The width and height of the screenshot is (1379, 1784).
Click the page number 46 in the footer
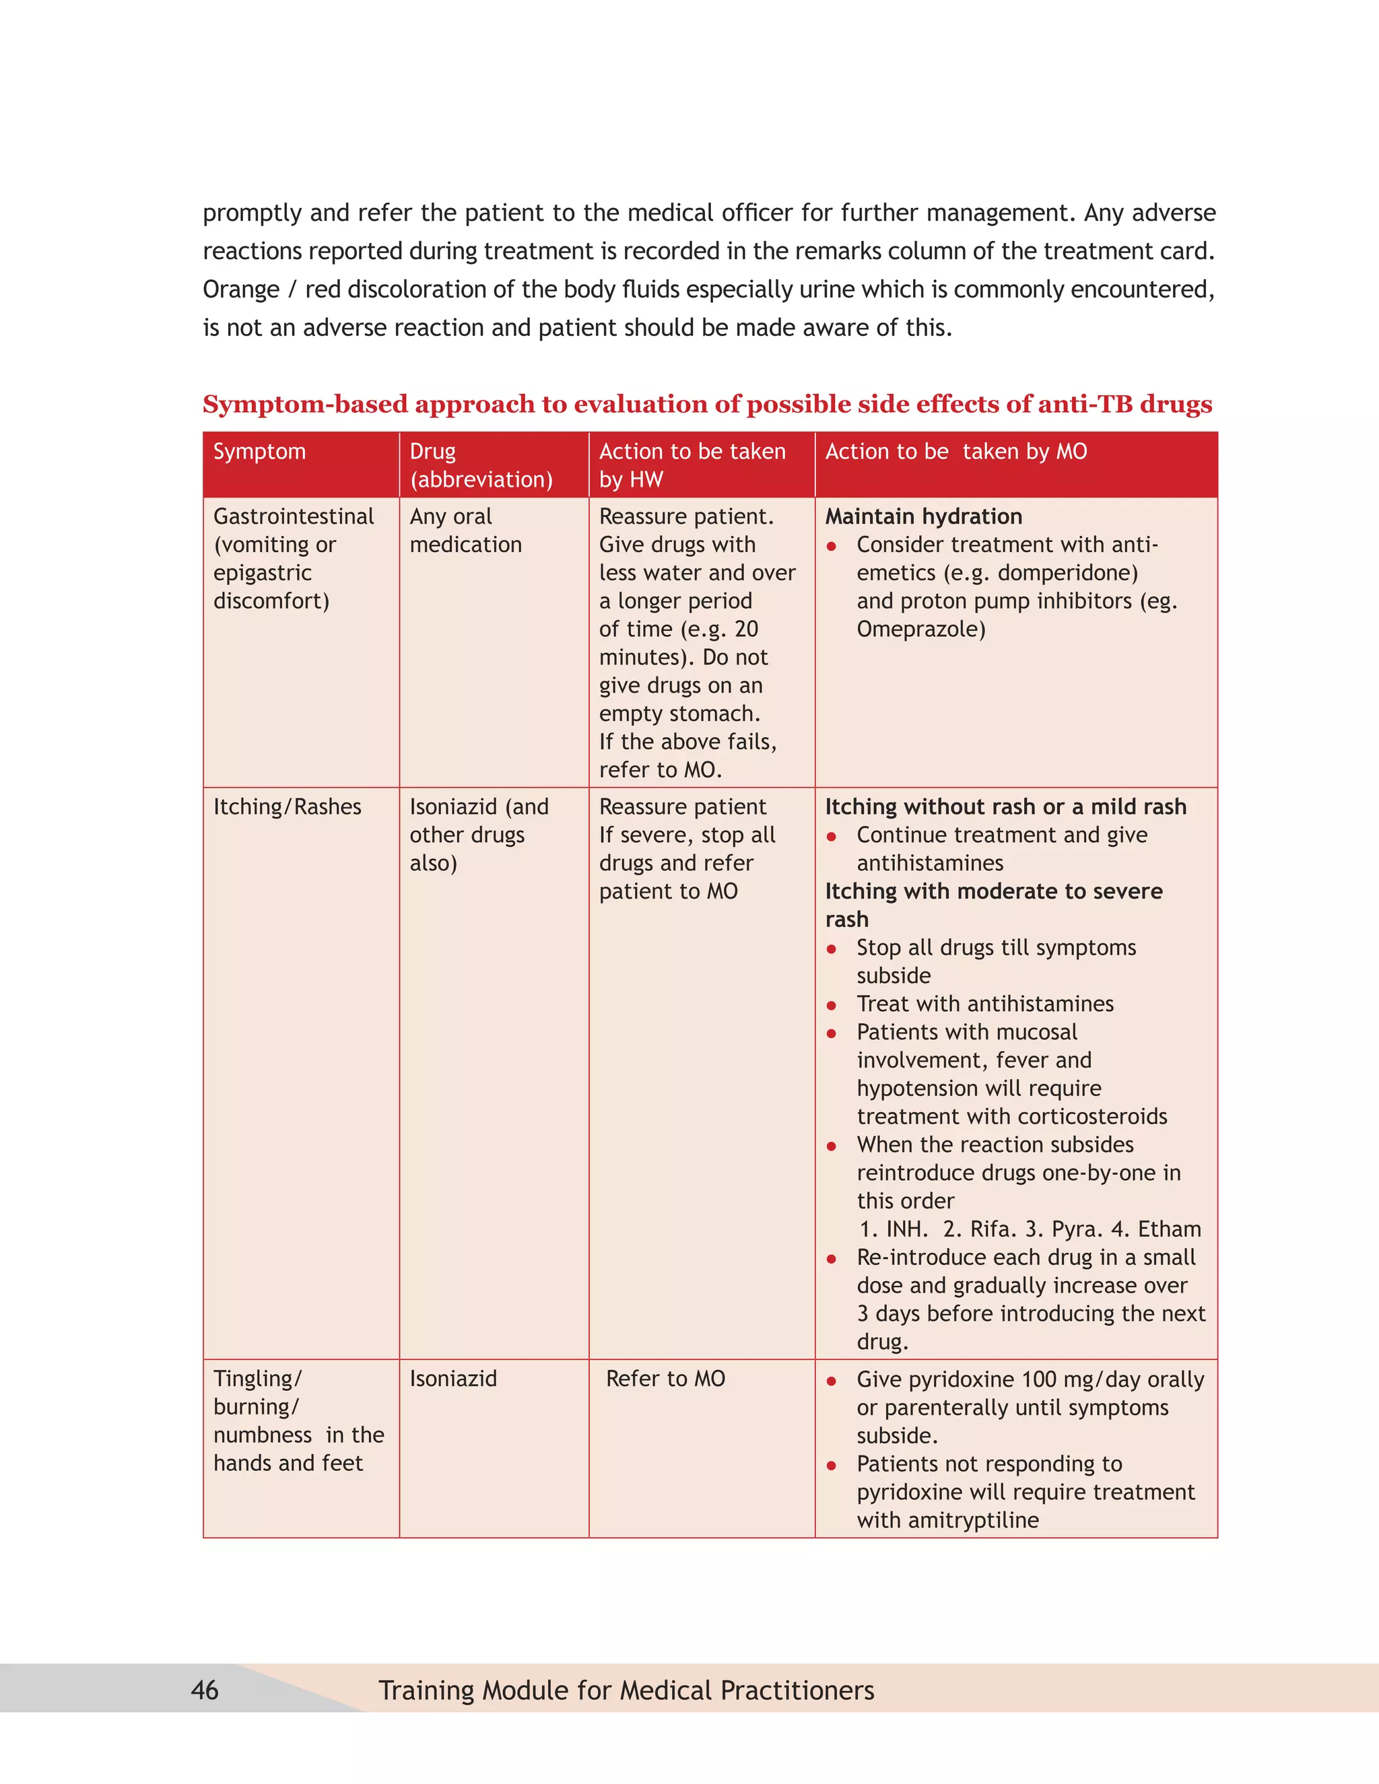pyautogui.click(x=204, y=1690)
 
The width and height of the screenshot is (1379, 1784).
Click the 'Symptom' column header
pyautogui.click(x=259, y=452)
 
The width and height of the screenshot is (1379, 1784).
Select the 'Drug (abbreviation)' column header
pyautogui.click(x=480, y=466)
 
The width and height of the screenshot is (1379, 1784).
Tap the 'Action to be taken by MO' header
pyautogui.click(x=956, y=452)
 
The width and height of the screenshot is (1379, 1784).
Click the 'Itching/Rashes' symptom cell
pyautogui.click(x=287, y=807)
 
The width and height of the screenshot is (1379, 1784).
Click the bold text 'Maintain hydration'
pyautogui.click(x=923, y=516)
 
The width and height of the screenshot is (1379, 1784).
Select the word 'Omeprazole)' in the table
pyautogui.click(x=920, y=629)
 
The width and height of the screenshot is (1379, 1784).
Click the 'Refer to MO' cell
pyautogui.click(x=665, y=1379)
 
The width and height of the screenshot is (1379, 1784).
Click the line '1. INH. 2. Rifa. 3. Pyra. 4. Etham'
pyautogui.click(x=1030, y=1229)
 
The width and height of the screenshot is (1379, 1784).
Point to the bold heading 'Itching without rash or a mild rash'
pyautogui.click(x=1005, y=807)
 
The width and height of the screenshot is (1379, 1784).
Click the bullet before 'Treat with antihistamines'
pyautogui.click(x=832, y=1006)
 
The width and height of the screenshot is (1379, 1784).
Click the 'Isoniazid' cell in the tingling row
pyautogui.click(x=452, y=1379)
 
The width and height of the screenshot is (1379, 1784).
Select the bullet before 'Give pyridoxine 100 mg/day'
pyautogui.click(x=832, y=1381)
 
